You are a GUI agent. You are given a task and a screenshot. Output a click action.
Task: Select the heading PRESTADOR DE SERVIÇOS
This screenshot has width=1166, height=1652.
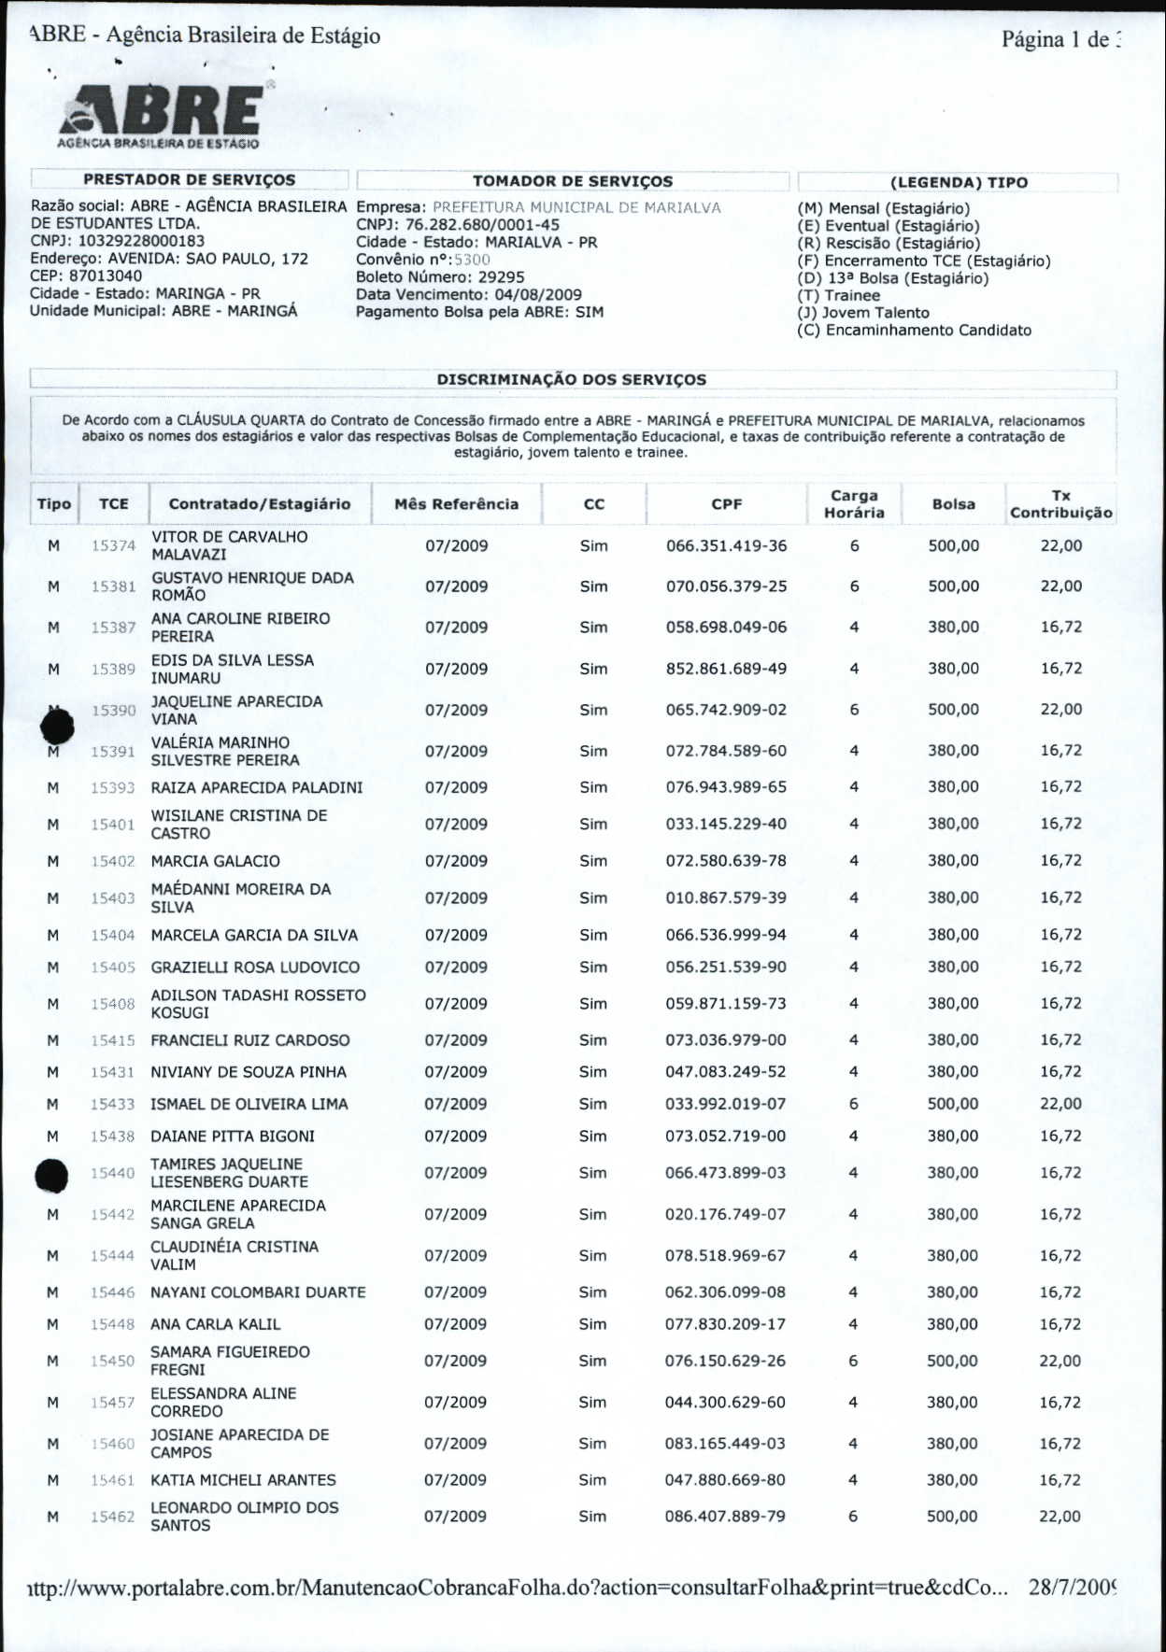coord(189,179)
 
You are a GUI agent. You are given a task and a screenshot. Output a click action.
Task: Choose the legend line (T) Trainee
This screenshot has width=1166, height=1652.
coord(838,295)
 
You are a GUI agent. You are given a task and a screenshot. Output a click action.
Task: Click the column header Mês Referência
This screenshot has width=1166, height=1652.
coord(456,504)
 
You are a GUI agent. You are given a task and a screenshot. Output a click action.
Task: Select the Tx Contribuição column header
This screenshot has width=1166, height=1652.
coord(1060,504)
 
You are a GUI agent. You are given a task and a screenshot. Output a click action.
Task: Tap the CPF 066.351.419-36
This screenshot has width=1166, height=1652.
coord(726,545)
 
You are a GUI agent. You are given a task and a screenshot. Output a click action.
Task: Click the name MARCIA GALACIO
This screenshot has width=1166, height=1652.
coord(216,861)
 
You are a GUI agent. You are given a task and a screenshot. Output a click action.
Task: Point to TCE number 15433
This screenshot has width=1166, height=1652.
coord(112,1104)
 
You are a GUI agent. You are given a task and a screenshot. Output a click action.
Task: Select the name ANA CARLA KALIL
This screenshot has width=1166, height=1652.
coord(216,1324)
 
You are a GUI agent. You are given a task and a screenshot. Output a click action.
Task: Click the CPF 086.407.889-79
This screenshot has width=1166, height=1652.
coord(725,1517)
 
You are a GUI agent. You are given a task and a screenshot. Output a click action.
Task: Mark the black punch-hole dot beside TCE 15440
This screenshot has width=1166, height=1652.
coord(51,1176)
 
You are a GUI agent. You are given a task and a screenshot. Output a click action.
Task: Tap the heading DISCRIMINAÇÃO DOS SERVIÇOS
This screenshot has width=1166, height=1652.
coord(571,380)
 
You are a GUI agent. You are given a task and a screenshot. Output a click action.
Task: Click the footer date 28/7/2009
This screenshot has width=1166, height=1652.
coord(1073,1587)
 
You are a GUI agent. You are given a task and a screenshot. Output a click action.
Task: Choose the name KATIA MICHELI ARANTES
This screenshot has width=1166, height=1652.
coord(243,1480)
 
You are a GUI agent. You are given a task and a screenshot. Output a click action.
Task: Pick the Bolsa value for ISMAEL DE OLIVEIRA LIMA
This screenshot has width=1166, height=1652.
coord(952,1104)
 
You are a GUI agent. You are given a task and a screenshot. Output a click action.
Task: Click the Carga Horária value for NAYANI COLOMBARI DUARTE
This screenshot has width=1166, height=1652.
coord(853,1292)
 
